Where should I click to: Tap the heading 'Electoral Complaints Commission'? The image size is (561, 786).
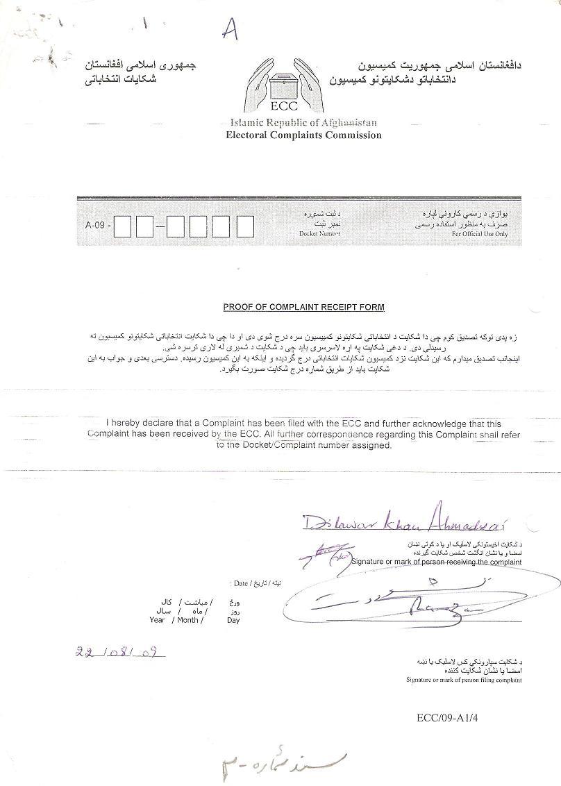tap(303, 135)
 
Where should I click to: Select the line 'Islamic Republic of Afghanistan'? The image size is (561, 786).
tap(303, 122)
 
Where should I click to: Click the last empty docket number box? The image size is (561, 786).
tap(245, 226)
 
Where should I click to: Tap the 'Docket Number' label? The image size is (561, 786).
tap(319, 234)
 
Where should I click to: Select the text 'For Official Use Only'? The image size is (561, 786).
tap(480, 235)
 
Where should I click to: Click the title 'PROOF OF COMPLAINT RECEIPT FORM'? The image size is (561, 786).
tap(303, 307)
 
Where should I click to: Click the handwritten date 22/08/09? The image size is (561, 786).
tap(119, 653)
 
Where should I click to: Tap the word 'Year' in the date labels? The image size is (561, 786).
tap(157, 620)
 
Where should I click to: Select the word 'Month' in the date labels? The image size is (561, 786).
tap(187, 620)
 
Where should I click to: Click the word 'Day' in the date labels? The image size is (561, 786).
tap(233, 620)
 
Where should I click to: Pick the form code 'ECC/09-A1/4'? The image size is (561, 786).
tap(447, 717)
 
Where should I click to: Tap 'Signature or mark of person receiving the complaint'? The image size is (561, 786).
tap(435, 561)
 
